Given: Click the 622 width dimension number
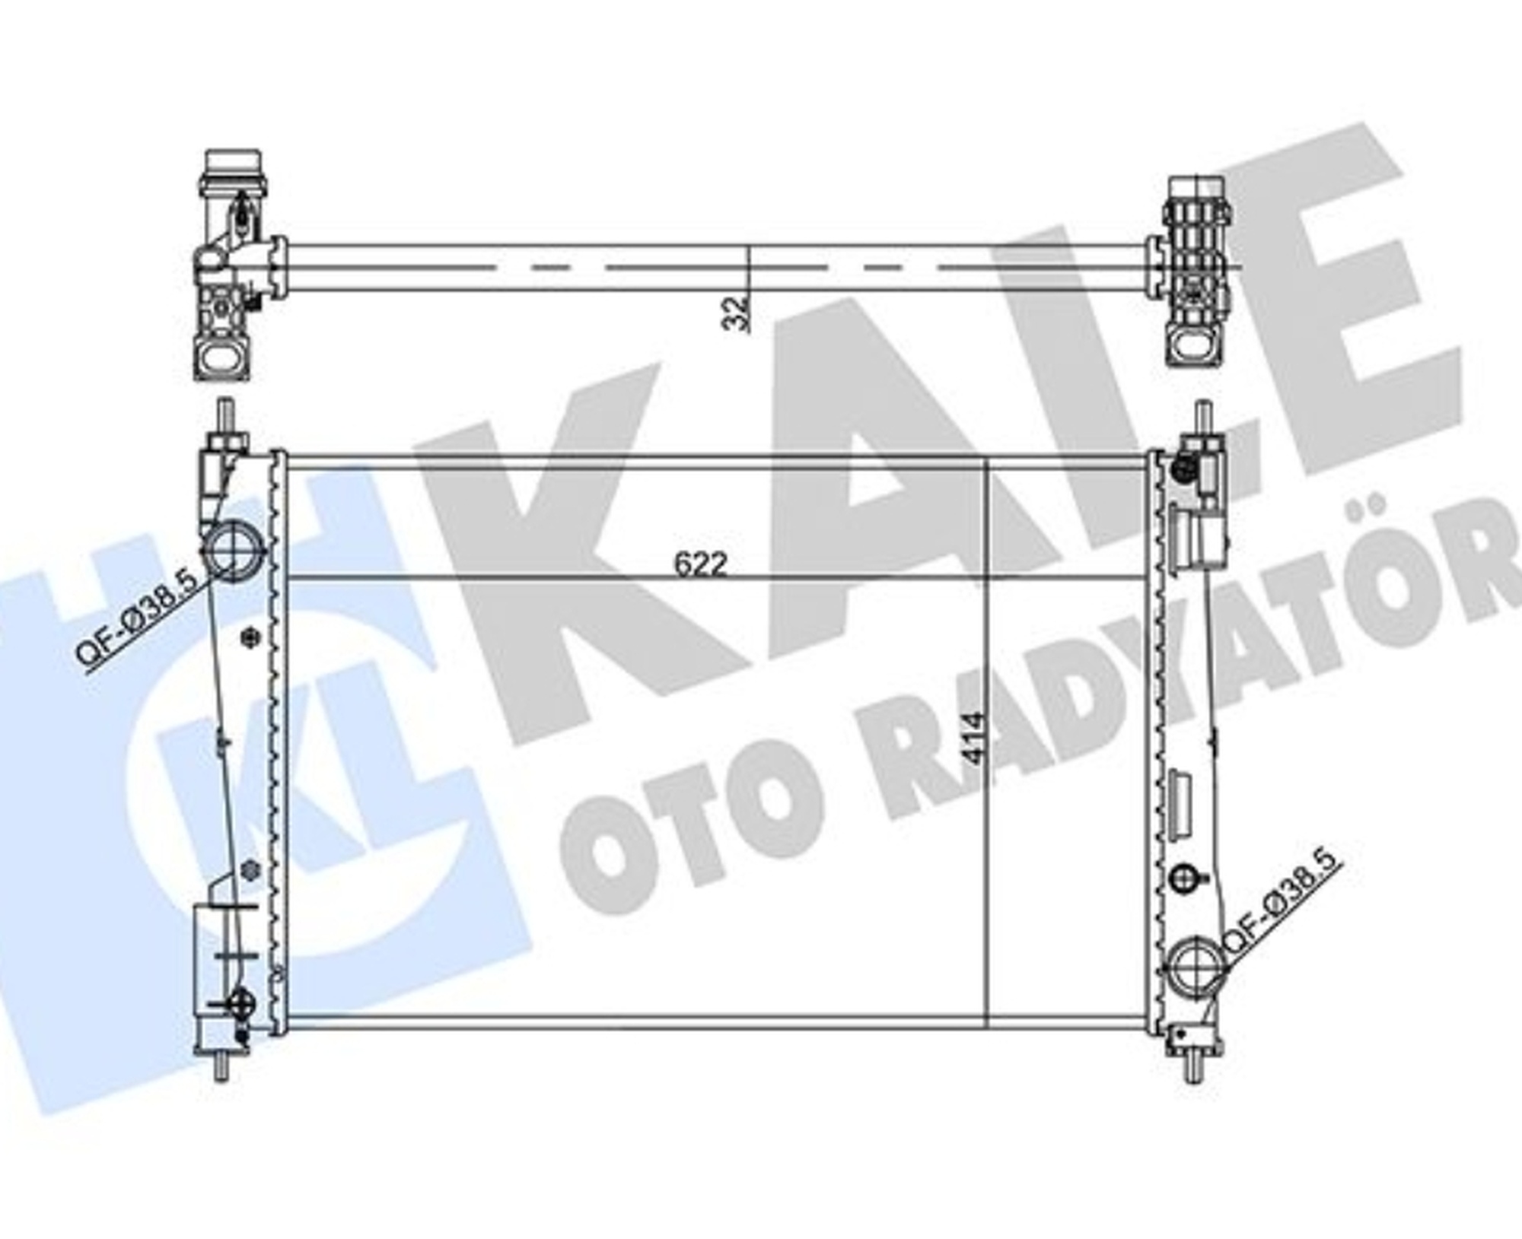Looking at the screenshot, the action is (x=701, y=564).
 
